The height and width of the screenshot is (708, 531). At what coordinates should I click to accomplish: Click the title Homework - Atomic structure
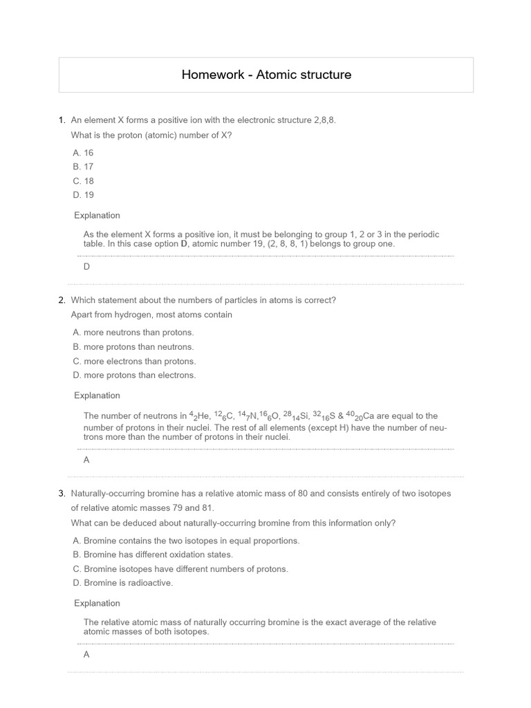266,75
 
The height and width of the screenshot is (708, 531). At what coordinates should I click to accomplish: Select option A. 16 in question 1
83,153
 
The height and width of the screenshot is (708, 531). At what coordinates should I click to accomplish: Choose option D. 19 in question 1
83,195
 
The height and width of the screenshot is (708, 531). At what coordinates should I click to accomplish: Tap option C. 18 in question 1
83,181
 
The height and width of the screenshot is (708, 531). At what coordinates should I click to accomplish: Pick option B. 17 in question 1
83,167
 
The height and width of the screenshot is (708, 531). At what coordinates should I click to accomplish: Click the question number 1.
62,120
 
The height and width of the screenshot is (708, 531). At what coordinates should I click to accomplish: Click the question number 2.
62,300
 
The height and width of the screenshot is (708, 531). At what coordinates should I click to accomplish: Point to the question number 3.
62,494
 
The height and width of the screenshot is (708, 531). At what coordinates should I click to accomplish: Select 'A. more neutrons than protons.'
133,333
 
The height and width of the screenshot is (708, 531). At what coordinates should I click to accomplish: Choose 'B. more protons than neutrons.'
133,347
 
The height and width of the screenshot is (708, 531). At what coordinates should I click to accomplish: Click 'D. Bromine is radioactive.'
123,583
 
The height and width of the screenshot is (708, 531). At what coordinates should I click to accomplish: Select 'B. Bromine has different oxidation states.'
153,555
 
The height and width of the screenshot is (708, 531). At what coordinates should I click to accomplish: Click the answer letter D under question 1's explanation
86,267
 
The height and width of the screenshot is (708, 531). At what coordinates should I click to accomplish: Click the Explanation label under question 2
97,395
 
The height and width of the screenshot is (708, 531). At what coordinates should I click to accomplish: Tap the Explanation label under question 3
97,603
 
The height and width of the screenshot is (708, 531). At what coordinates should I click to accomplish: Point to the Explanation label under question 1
97,215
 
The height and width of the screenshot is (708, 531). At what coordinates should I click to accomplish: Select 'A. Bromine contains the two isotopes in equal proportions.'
186,541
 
